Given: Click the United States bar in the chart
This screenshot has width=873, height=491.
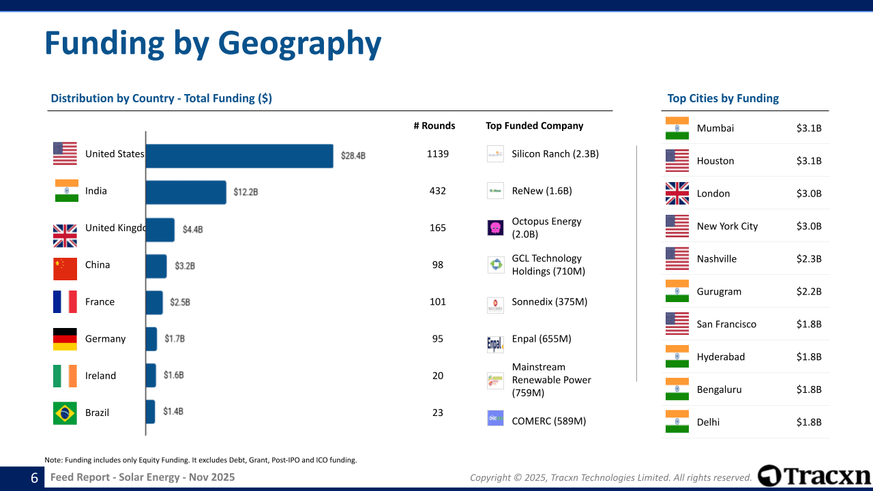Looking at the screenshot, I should [x=239, y=155].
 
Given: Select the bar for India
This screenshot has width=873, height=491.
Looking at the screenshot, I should [x=186, y=192].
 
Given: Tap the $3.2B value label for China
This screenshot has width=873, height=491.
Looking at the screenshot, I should [x=185, y=266].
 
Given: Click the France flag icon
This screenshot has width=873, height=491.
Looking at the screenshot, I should [x=65, y=302].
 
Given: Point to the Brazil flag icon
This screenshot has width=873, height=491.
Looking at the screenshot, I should [x=65, y=413].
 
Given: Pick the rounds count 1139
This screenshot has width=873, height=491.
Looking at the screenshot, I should [x=438, y=154].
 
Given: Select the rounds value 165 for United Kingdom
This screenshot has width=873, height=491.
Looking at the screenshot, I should [x=438, y=228].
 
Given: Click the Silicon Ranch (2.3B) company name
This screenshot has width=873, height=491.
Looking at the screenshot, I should [x=555, y=154].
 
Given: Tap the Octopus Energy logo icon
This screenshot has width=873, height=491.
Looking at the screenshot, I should [x=496, y=228].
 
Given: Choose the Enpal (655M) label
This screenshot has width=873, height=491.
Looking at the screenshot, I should [x=542, y=339].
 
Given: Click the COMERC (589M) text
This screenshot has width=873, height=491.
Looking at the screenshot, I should [x=549, y=421].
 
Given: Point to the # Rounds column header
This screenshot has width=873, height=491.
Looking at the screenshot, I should [x=434, y=125].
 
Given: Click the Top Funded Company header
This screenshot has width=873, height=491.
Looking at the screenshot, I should [x=535, y=125].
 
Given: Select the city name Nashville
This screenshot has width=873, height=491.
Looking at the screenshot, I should [x=717, y=259].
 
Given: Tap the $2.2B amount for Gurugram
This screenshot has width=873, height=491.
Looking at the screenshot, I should [x=809, y=292].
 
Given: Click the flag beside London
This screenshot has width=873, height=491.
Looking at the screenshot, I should [x=677, y=194].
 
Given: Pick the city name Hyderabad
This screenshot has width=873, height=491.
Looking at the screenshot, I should [x=721, y=357].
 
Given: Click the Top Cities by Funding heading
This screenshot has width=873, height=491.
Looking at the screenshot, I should [x=723, y=98].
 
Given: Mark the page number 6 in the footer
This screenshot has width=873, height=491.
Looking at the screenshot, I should [x=34, y=478].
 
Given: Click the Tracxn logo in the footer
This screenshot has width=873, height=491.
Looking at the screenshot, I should [x=814, y=476].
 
